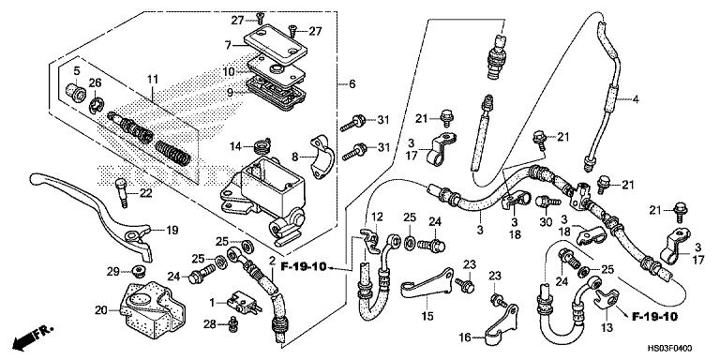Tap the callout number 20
(x=101, y=310)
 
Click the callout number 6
(x=352, y=84)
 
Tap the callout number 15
(x=427, y=316)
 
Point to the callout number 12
(x=377, y=217)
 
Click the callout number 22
(x=145, y=193)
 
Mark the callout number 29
(x=112, y=271)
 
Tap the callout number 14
(x=235, y=144)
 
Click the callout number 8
(x=294, y=157)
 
